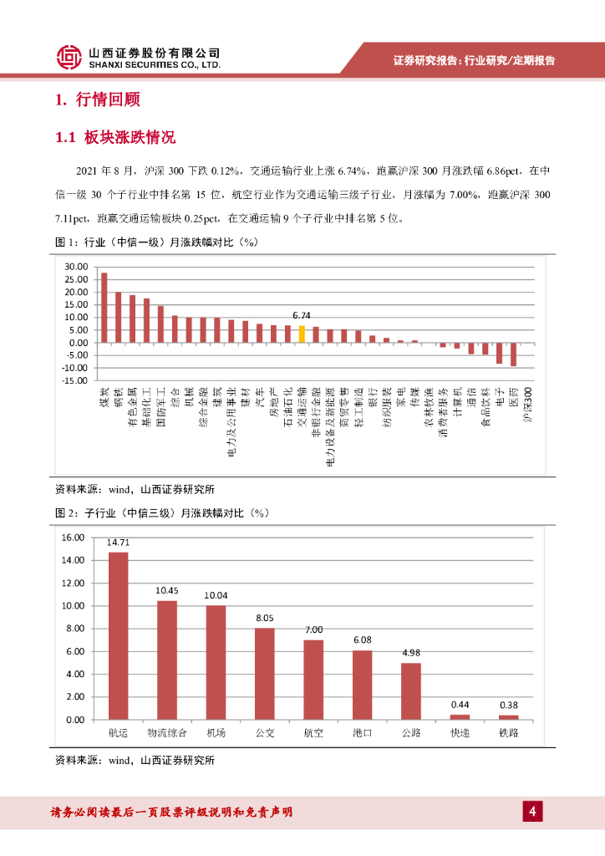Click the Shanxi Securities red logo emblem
(70, 57)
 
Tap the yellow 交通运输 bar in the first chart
(302, 334)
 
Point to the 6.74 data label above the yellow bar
(302, 316)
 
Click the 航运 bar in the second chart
(119, 635)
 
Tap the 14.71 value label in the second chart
(118, 543)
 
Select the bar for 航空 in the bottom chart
(313, 680)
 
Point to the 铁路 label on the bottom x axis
(509, 733)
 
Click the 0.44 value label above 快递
(460, 705)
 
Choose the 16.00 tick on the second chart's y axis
(74, 538)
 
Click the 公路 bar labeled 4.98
(411, 690)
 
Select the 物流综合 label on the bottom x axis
(167, 733)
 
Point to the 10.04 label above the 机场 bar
(216, 595)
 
